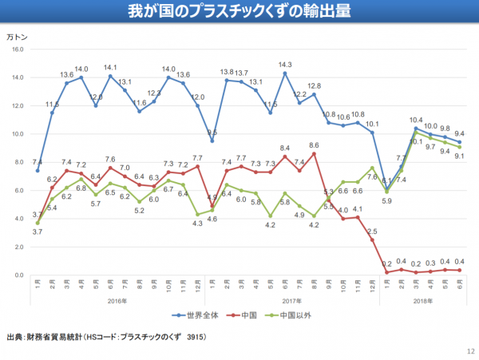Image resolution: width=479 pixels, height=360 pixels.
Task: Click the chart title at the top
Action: tap(239, 12)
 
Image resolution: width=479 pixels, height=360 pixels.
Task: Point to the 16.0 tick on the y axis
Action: tap(18, 49)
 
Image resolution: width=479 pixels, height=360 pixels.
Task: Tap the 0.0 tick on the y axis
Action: tap(19, 275)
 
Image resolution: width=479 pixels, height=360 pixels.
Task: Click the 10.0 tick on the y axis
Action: tap(18, 134)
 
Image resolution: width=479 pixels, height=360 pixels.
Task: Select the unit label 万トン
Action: tap(18, 37)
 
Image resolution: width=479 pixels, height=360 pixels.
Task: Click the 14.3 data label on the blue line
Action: tap(285, 65)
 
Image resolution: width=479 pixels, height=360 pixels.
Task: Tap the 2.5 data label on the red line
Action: tap(372, 231)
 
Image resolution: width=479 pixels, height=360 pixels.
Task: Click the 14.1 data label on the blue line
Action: tap(110, 67)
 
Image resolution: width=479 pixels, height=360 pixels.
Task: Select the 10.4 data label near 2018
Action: tap(416, 120)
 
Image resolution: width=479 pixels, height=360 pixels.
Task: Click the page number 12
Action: tap(469, 352)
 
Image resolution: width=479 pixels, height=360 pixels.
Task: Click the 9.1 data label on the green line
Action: tap(460, 156)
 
